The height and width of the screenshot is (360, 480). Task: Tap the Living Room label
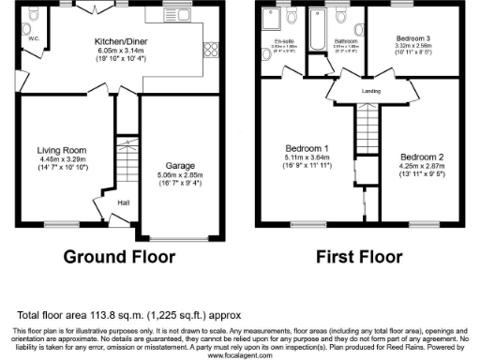pos(62,149)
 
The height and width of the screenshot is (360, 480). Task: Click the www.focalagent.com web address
pos(239,355)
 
